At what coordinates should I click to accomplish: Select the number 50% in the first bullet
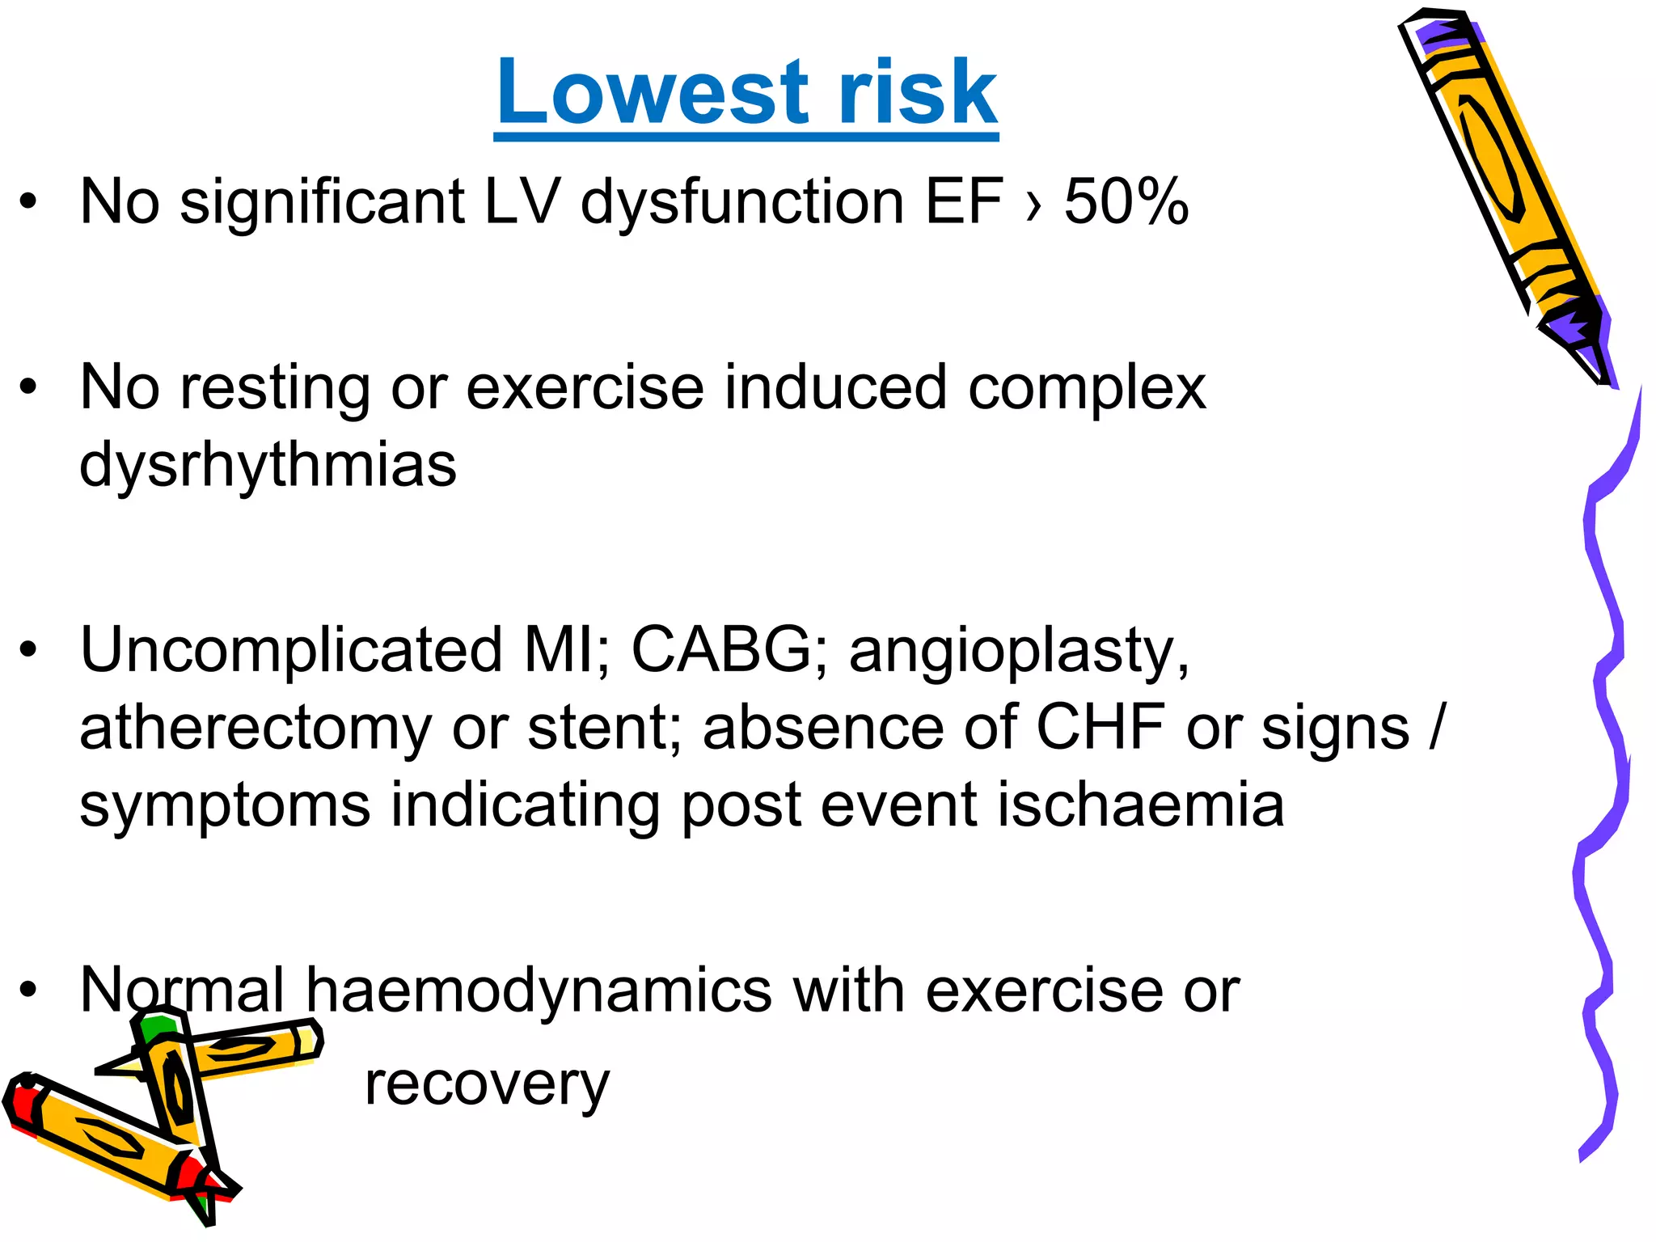pyautogui.click(x=1126, y=201)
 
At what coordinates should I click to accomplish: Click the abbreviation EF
pyautogui.click(x=963, y=201)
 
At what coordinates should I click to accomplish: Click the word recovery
pyautogui.click(x=487, y=1085)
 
